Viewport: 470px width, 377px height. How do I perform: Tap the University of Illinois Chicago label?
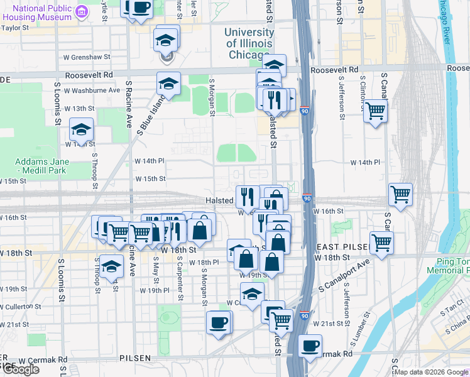click(x=249, y=43)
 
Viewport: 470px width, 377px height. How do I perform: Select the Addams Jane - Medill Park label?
click(x=42, y=166)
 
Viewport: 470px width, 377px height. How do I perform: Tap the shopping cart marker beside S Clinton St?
click(x=376, y=111)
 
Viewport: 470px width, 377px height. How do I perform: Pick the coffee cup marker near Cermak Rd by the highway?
click(x=309, y=346)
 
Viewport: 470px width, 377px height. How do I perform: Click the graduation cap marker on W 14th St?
click(x=81, y=129)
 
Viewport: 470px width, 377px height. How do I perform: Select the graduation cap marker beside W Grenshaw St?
click(x=167, y=40)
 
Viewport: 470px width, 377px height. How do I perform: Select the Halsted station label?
click(x=220, y=200)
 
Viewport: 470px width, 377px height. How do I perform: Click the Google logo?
click(x=21, y=369)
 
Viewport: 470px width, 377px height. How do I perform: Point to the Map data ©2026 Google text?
click(x=431, y=372)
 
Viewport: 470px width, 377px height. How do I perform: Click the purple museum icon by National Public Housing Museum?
click(x=82, y=13)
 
